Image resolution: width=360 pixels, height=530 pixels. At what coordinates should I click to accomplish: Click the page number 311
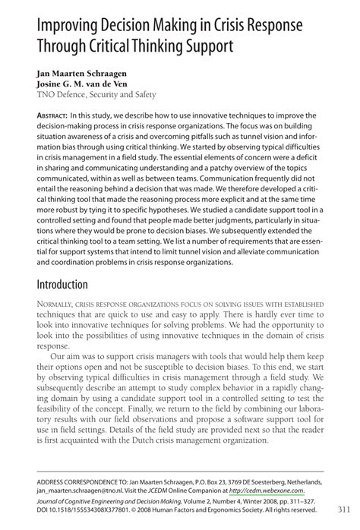pos(339,509)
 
